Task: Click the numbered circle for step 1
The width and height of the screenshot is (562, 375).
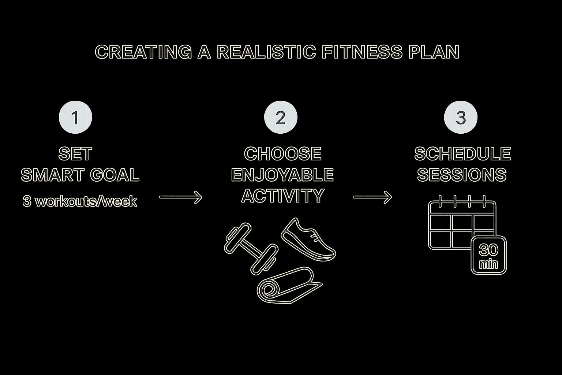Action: click(75, 117)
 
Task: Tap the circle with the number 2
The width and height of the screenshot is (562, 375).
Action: click(281, 117)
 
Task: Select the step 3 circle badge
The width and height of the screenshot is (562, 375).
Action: click(461, 117)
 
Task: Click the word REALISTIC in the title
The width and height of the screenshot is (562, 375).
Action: click(266, 52)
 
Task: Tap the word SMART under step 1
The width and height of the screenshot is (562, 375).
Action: click(53, 175)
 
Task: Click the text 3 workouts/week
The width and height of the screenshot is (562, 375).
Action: click(80, 201)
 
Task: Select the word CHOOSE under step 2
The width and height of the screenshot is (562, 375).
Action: click(282, 154)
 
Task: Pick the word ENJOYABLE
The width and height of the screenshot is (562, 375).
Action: click(282, 175)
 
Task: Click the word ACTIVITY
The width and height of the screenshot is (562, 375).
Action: click(282, 196)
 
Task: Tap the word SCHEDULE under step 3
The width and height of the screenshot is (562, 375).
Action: click(462, 154)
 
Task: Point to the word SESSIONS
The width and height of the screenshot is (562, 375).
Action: click(462, 175)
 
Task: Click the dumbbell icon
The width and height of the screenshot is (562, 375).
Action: click(250, 249)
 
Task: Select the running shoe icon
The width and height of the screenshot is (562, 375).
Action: click(308, 240)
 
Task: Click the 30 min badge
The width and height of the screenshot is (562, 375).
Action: click(488, 255)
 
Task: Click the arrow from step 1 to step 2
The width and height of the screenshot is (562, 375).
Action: click(180, 197)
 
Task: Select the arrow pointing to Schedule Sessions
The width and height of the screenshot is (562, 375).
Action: click(372, 197)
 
